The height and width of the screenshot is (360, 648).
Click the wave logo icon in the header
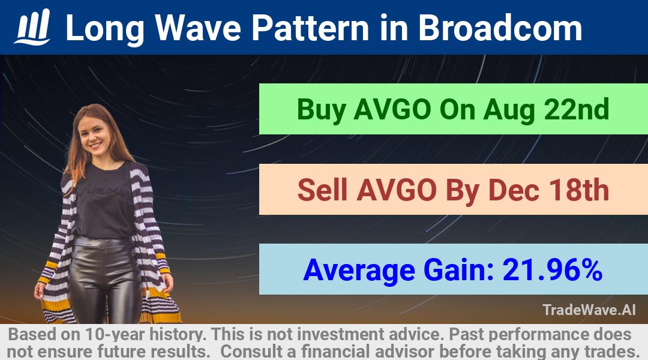(x=32, y=27)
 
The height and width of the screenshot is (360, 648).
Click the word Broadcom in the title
(x=500, y=28)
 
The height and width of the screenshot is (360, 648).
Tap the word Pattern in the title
(x=310, y=28)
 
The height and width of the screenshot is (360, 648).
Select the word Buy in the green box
(x=320, y=110)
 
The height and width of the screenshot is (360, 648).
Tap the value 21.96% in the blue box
(x=552, y=270)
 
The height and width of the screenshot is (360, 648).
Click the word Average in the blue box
(x=359, y=271)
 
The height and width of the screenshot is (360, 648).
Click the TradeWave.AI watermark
(x=589, y=310)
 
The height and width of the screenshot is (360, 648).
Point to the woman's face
(x=95, y=136)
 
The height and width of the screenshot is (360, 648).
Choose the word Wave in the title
(x=199, y=28)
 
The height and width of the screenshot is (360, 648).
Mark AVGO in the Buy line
(x=392, y=109)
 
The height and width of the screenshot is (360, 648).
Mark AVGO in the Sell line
(x=397, y=190)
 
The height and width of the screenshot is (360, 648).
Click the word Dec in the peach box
(x=514, y=190)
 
